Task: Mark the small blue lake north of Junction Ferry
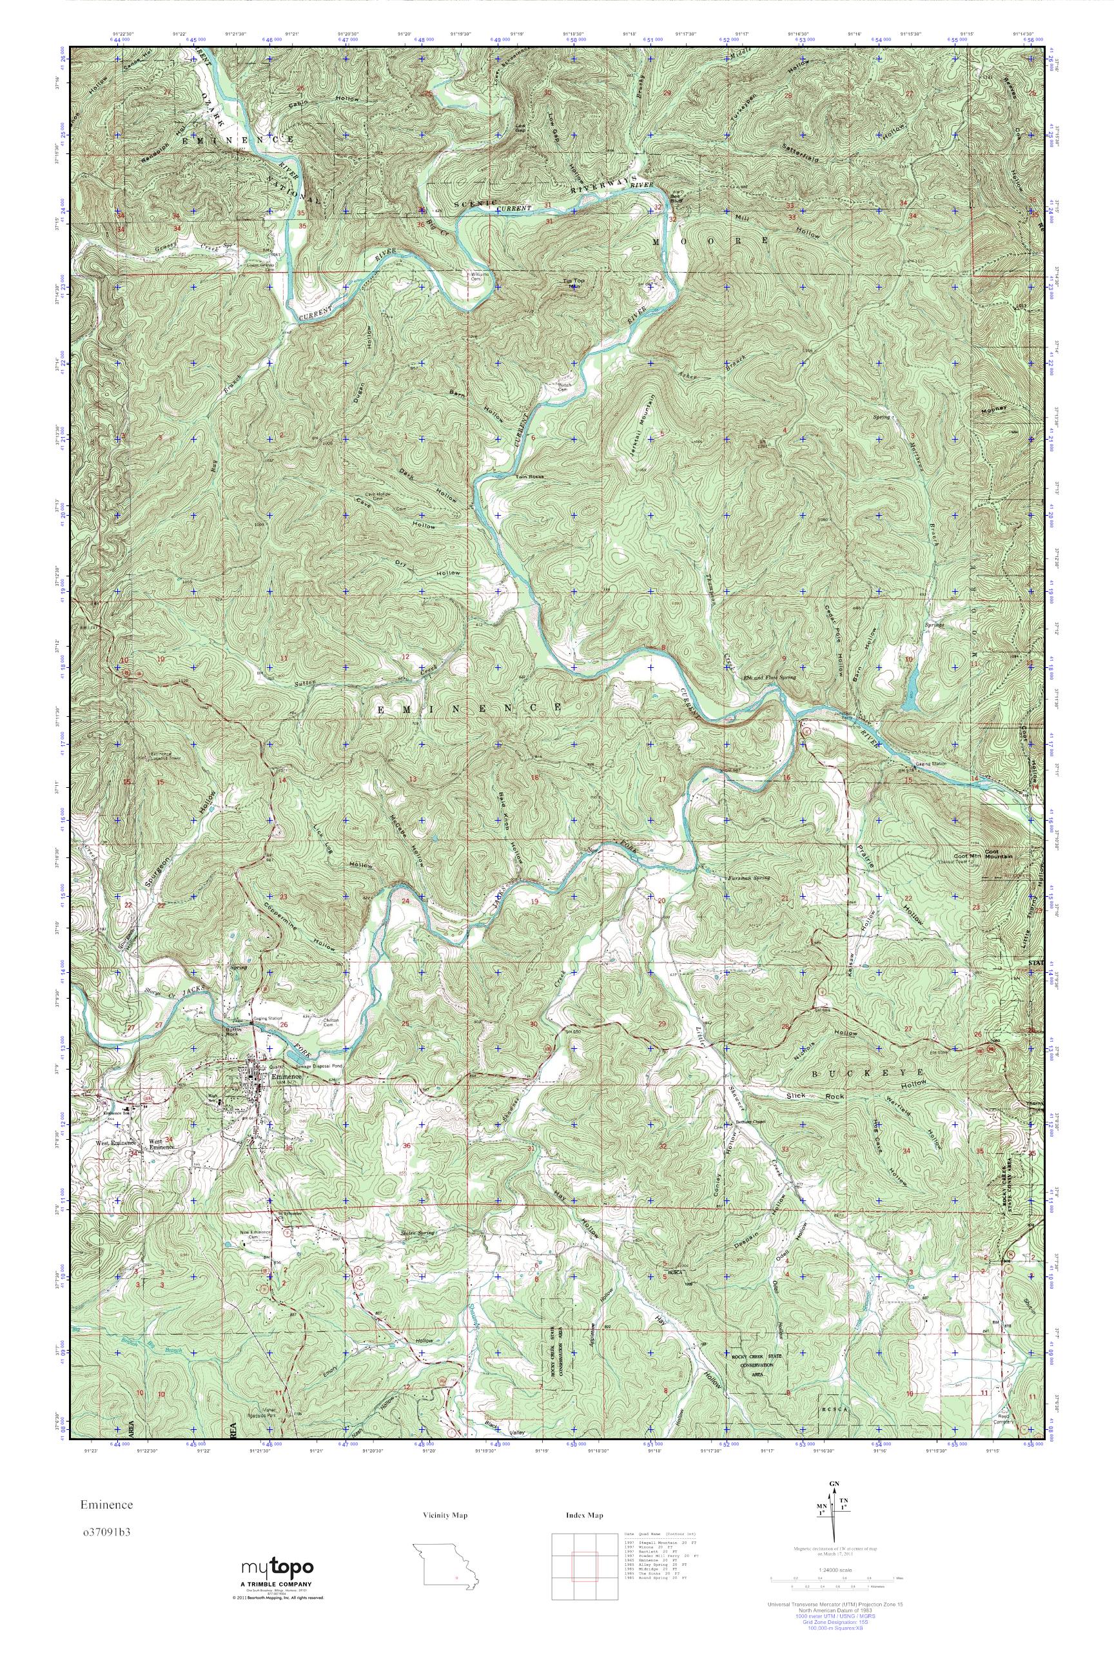tap(910, 690)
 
